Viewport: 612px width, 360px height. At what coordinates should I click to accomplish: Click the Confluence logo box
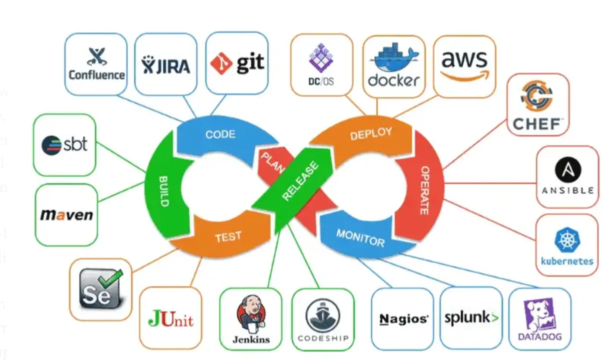pos(96,64)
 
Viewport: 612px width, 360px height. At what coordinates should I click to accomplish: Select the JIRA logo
pos(166,64)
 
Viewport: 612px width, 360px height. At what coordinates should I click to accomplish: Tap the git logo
pos(237,63)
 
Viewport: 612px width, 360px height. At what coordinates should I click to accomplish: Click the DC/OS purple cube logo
pos(321,65)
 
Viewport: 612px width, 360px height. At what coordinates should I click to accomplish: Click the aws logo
pos(464,65)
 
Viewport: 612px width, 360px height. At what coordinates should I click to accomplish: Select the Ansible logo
pos(568,176)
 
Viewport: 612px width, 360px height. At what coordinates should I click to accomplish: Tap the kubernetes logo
pos(567,245)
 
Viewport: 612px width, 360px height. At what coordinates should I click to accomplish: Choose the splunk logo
pos(471,318)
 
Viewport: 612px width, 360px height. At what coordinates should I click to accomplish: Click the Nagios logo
pos(403,319)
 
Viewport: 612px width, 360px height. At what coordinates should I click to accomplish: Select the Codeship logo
pos(323,320)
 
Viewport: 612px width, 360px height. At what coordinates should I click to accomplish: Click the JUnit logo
pos(170,318)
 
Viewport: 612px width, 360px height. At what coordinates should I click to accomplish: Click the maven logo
pos(66,215)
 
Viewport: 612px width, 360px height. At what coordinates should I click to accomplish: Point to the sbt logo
pos(64,144)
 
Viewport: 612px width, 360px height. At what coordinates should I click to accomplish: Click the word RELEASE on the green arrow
pos(300,181)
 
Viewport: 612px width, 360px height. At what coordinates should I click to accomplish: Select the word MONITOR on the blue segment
pos(360,237)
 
